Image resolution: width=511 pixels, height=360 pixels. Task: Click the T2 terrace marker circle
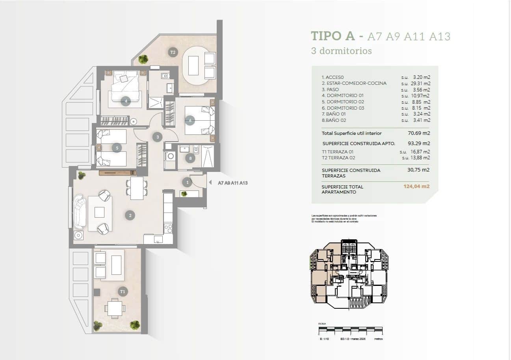click(x=172, y=52)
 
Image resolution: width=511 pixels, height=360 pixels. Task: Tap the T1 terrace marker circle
click(x=123, y=291)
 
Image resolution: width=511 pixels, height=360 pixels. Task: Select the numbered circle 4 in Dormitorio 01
click(x=126, y=101)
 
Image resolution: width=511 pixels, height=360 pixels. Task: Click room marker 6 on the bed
click(x=190, y=120)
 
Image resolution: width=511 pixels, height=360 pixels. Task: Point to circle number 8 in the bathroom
click(x=190, y=159)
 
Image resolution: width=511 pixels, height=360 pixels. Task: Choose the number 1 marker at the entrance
click(x=187, y=182)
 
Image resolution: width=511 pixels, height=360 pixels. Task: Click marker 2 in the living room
click(x=130, y=215)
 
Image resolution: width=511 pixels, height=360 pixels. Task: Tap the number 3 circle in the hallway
click(x=157, y=137)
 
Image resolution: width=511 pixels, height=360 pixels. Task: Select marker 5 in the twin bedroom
click(x=116, y=148)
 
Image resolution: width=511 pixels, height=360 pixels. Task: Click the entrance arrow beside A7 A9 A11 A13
click(x=210, y=183)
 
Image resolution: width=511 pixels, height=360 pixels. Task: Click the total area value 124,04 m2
click(x=416, y=187)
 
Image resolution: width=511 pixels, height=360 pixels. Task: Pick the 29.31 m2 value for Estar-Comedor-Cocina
click(x=416, y=83)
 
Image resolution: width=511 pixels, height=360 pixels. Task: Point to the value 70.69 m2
click(x=418, y=133)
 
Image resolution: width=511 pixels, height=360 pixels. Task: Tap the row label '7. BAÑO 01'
click(x=333, y=114)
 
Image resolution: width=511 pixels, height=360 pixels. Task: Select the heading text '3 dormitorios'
click(x=341, y=51)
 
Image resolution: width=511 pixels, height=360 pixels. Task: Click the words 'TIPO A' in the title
click(x=332, y=36)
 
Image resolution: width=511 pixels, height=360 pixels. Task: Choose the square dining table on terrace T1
click(x=115, y=308)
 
